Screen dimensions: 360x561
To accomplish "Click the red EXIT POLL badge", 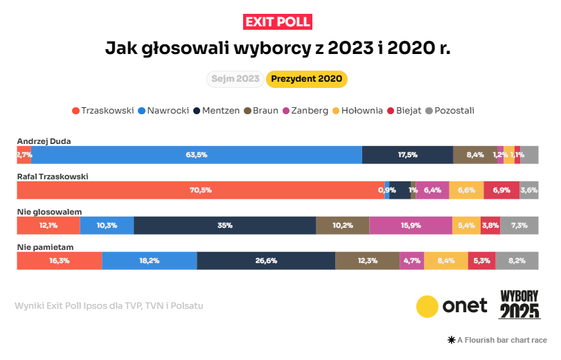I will pyautogui.click(x=278, y=21).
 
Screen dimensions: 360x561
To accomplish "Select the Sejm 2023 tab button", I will pyautogui.click(x=235, y=79).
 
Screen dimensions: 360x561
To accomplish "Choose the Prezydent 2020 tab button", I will pyautogui.click(x=306, y=79).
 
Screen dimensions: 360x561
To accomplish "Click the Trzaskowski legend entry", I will pyautogui.click(x=102, y=110).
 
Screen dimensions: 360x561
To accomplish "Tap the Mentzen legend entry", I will pyautogui.click(x=217, y=110).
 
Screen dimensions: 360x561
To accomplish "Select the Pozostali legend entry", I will pyautogui.click(x=449, y=110).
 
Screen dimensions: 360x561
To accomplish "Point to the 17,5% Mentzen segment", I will pyautogui.click(x=407, y=155).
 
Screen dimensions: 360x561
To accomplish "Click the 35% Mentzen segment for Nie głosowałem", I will pyautogui.click(x=224, y=225).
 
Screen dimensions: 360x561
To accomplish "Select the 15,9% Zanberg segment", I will pyautogui.click(x=411, y=225).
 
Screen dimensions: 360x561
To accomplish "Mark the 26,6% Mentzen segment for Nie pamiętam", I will pyautogui.click(x=266, y=260).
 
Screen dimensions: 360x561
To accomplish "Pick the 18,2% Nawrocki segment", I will pyautogui.click(x=149, y=260).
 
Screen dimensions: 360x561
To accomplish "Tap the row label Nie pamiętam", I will pyautogui.click(x=45, y=247).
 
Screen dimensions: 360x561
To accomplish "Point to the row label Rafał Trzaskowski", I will pyautogui.click(x=53, y=177).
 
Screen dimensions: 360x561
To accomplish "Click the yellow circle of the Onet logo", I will pyautogui.click(x=427, y=306).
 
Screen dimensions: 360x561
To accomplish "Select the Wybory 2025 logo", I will pyautogui.click(x=519, y=304).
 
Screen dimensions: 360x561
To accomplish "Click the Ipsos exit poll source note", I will pyautogui.click(x=109, y=305).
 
